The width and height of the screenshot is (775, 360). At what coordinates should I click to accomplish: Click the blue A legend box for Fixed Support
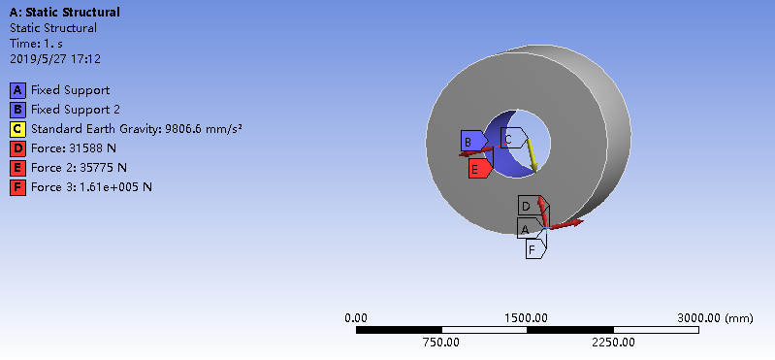click(17, 90)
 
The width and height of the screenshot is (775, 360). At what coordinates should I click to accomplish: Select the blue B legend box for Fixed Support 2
click(17, 110)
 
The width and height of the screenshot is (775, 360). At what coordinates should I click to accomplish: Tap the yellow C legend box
click(17, 129)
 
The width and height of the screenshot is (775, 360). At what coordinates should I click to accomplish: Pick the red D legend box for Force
click(17, 148)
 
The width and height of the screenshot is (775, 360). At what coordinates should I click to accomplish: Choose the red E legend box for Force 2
click(17, 168)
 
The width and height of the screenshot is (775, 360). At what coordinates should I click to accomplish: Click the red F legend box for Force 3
click(17, 187)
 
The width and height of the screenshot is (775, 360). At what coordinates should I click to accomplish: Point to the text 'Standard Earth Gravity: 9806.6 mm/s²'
click(137, 129)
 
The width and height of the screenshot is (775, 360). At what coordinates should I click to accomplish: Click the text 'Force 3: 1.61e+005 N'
click(91, 187)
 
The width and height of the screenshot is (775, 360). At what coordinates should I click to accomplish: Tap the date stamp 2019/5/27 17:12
click(55, 59)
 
